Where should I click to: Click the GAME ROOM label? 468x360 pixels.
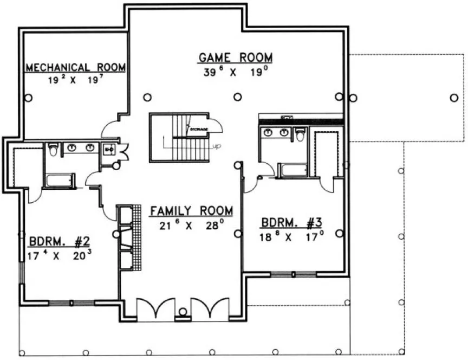(x=235, y=57)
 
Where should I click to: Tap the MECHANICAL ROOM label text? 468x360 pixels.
(x=76, y=68)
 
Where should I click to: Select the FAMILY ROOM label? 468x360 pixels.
(x=192, y=210)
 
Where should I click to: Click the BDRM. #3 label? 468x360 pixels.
(x=292, y=222)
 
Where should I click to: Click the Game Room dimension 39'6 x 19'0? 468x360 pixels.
(x=235, y=73)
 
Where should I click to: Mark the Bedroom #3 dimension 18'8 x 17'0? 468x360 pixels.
(x=292, y=236)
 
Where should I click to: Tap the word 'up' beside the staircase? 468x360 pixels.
(x=217, y=146)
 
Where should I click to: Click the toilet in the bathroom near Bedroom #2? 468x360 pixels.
(x=53, y=149)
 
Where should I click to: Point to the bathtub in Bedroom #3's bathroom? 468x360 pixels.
(x=294, y=170)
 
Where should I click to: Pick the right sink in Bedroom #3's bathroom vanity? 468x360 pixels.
(x=283, y=132)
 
